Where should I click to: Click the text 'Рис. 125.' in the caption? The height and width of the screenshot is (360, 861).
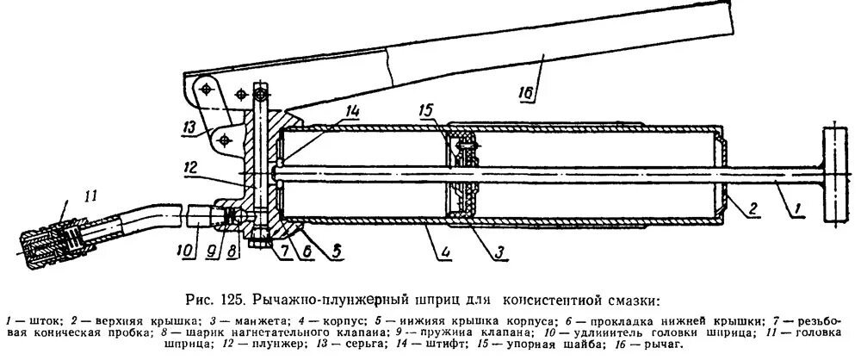pyautogui.click(x=216, y=301)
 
